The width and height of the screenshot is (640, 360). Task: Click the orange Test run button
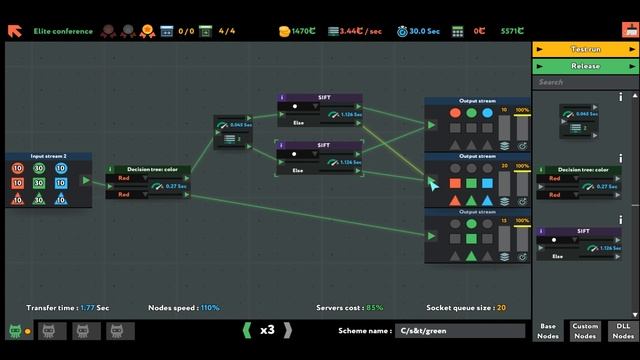coord(585,48)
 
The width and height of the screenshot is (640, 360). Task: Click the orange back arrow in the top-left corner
coord(15,31)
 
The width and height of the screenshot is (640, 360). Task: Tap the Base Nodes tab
coord(548,330)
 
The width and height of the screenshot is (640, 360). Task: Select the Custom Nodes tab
coord(585,330)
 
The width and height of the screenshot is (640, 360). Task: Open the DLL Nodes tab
coord(621,330)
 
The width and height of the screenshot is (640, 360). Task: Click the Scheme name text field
coord(459,330)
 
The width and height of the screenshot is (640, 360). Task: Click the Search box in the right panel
coord(580,82)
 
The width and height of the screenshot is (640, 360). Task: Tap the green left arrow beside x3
coord(247,330)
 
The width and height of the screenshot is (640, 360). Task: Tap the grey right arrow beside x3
coord(288,330)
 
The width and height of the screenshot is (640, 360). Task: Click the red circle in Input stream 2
coord(18,169)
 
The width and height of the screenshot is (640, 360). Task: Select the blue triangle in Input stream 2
coord(61,199)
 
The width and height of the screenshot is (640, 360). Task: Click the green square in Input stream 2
coord(39,184)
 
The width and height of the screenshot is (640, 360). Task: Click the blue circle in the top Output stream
coord(486,113)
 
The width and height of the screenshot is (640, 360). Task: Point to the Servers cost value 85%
coord(375,307)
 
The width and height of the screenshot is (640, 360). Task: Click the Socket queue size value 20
coord(501,307)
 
